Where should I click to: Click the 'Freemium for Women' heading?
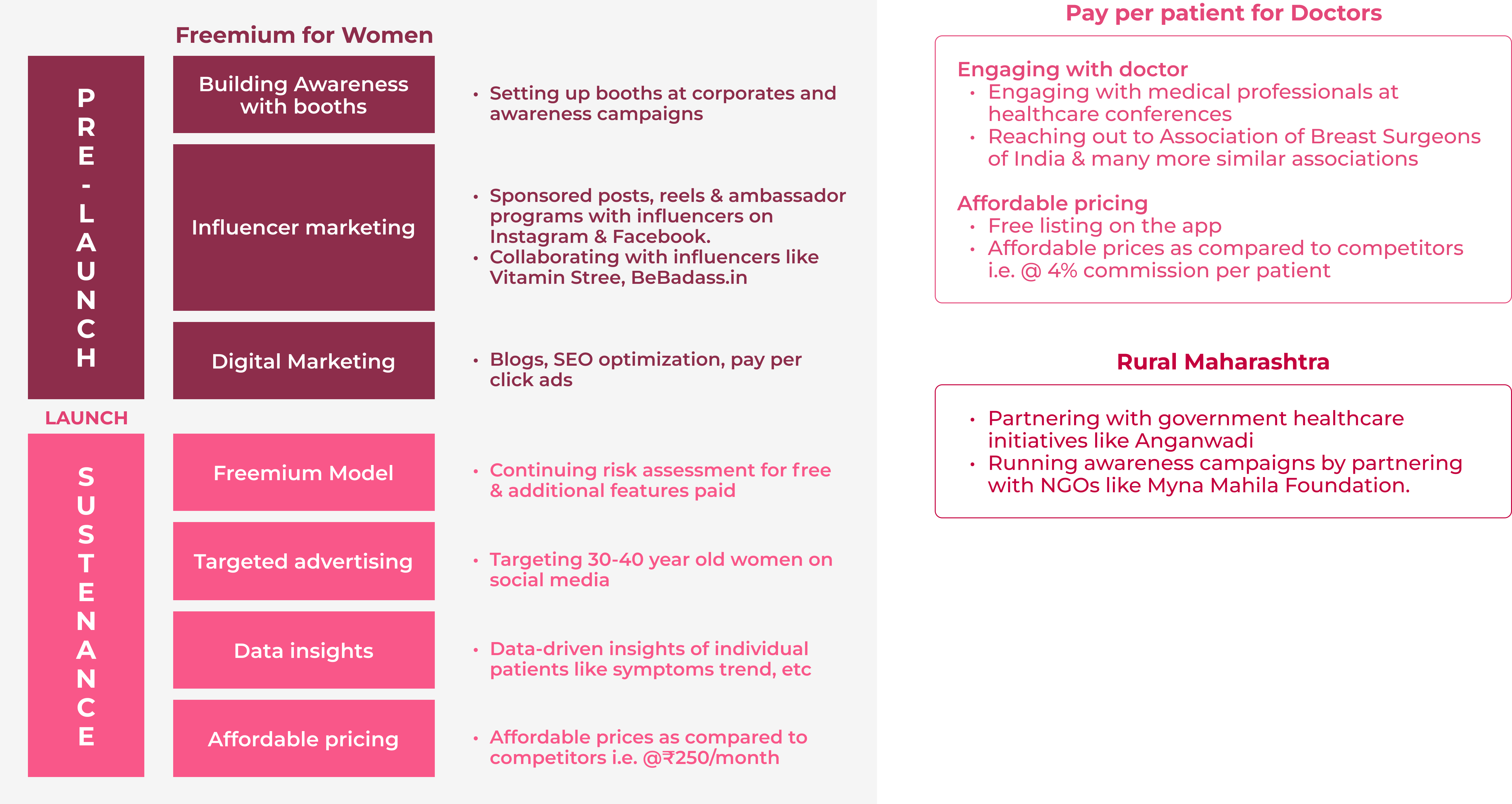coord(304,35)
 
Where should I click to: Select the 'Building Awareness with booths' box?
coord(304,95)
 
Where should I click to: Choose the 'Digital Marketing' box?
coord(304,361)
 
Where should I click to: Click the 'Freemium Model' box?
coord(304,472)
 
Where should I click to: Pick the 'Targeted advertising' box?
coord(304,561)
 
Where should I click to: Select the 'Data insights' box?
coord(304,650)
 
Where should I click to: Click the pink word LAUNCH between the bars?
coord(86,418)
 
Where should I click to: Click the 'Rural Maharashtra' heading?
coord(1223,361)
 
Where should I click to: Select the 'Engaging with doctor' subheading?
coord(1072,69)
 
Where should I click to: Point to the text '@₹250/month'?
coord(711,758)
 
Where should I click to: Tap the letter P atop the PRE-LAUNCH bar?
coord(86,97)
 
